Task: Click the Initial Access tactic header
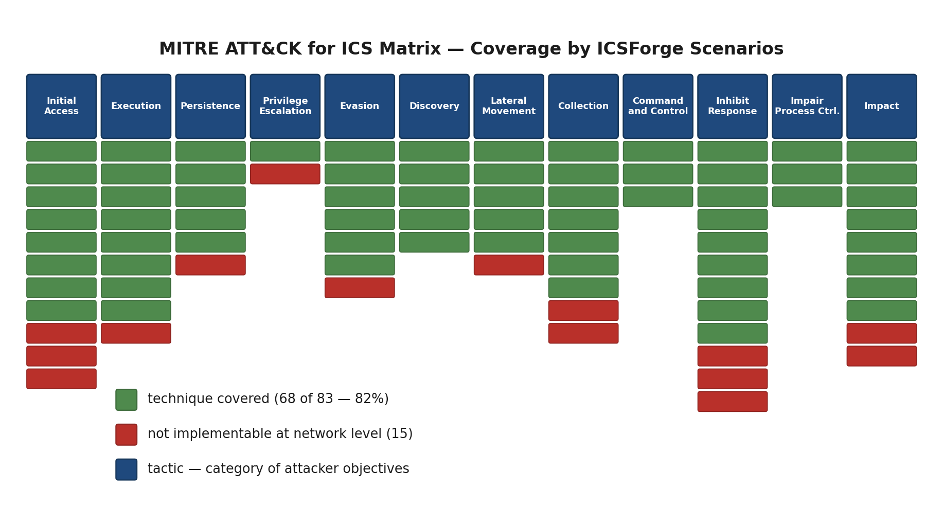coord(61,106)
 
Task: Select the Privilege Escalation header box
coord(285,106)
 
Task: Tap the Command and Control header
coord(657,106)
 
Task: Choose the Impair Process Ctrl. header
coord(807,106)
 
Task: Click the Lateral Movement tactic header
coord(508,106)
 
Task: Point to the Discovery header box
coord(434,106)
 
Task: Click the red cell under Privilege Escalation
coord(285,174)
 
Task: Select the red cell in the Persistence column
coord(210,265)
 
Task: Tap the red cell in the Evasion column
coord(360,288)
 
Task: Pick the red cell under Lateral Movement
coord(508,265)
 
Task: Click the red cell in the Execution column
coord(136,333)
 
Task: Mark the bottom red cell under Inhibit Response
coord(732,402)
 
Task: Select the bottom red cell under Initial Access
coord(61,379)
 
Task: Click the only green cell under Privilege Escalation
coord(285,151)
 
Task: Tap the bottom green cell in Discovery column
coord(434,242)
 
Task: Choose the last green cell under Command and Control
coord(657,196)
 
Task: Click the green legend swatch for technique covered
coord(127,400)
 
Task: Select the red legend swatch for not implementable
coord(127,434)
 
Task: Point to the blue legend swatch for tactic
coord(127,469)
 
